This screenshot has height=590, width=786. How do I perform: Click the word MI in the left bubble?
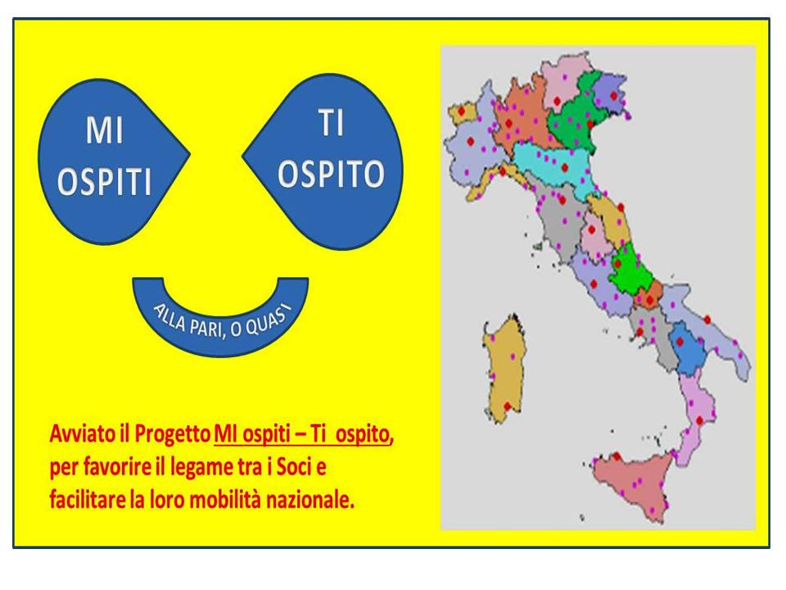pos(104,130)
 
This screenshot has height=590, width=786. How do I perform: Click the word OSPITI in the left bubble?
pos(104,181)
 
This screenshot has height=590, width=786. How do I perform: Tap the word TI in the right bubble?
pos(332,123)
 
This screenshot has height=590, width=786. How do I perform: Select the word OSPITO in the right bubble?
pos(332,174)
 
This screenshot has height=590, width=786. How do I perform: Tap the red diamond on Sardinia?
pos(507,406)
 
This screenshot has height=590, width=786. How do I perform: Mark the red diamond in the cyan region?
pos(564,167)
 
